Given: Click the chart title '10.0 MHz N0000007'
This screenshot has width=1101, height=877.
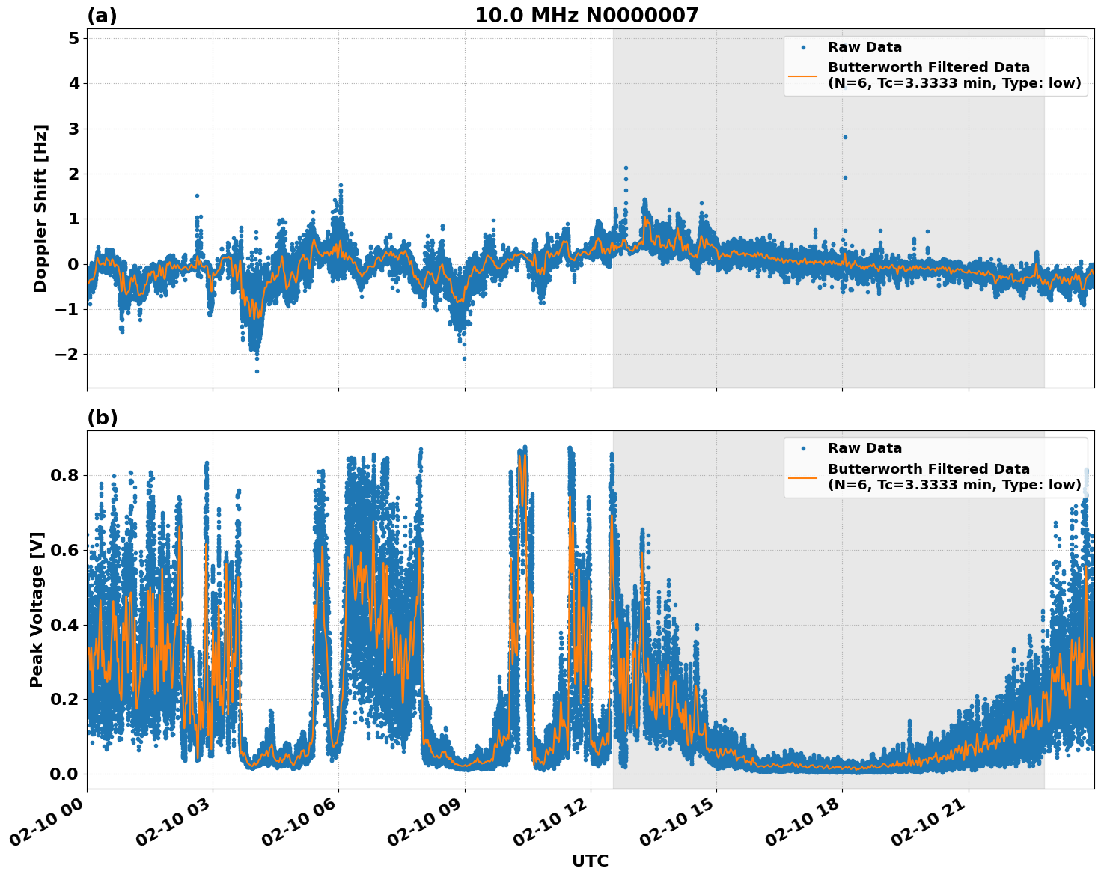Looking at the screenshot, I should coord(586,16).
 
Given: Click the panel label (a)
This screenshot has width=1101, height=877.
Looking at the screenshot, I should coord(102,16).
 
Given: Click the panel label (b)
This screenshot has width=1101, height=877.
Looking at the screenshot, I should coord(102,418).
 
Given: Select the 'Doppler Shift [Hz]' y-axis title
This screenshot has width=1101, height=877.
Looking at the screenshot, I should coord(40,208).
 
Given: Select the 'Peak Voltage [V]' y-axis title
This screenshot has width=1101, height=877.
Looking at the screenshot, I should coord(37,609).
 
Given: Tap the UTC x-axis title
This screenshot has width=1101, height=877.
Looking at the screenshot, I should coord(590,861).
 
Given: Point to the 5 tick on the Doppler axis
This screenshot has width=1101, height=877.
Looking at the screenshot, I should coord(73,38).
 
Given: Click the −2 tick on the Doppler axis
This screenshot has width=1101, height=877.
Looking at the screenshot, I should coord(67,354).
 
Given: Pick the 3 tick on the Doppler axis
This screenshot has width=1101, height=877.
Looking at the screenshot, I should coord(73,129).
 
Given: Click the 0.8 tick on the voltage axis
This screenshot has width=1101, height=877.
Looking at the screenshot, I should coord(64,475).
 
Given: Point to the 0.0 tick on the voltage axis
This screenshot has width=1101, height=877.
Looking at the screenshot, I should coord(64,774).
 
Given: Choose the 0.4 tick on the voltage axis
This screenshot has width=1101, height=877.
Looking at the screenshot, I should coord(64,625).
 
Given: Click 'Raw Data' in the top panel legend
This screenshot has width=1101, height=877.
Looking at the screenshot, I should coord(864,47).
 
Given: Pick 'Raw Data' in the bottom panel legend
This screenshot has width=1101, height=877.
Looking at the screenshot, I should coord(864,448).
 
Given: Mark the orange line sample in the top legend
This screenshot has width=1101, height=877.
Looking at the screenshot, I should coord(803,76).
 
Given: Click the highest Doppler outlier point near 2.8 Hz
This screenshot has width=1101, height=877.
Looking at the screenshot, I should coord(845,137).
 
